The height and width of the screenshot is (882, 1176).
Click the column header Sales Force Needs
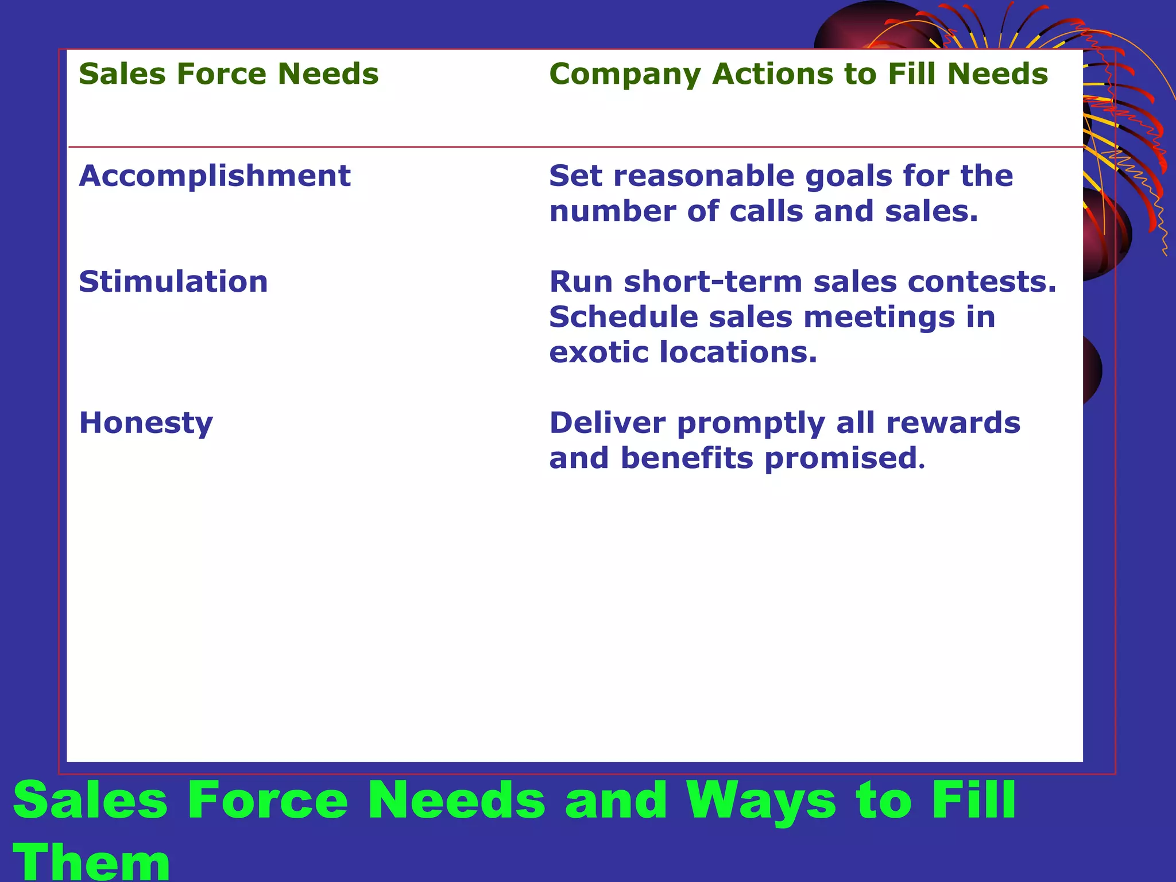click(x=229, y=74)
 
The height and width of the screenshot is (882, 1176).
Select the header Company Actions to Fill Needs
click(x=798, y=74)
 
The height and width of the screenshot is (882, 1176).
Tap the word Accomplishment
click(x=215, y=176)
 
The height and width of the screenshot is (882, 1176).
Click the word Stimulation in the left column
click(x=173, y=282)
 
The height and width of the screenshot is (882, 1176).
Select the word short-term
click(x=713, y=282)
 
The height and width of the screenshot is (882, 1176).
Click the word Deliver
click(x=608, y=423)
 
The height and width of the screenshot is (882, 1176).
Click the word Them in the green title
click(x=92, y=862)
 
